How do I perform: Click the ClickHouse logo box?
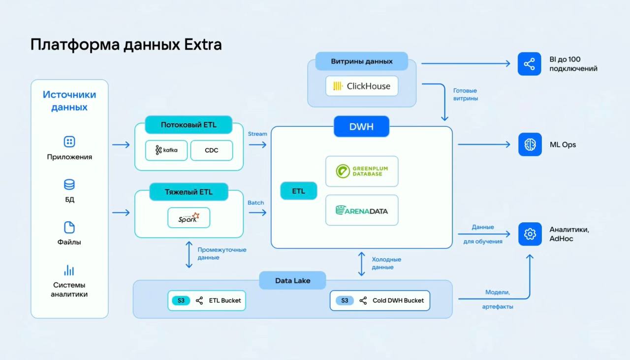coord(362,86)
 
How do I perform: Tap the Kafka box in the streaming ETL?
coord(166,150)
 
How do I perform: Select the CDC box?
coord(212,150)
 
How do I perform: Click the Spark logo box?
coord(189,217)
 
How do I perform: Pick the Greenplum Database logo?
coord(362,171)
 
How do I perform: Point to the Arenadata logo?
coord(362,210)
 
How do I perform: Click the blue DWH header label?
coord(361,126)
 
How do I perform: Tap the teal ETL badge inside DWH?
coord(299,191)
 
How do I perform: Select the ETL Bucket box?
coord(207,300)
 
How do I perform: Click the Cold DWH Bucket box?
coord(379,300)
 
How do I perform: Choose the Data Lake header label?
coord(293,281)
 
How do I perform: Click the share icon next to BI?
coord(530,64)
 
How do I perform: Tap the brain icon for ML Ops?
coord(530,145)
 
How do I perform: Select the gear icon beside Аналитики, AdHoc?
coord(530,234)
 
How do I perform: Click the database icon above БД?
coord(69,185)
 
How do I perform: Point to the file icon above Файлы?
coord(69,227)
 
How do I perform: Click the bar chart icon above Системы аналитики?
coord(69,270)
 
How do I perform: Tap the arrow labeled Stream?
coord(257,145)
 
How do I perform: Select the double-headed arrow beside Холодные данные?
coord(362,264)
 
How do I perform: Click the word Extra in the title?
coord(203,45)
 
